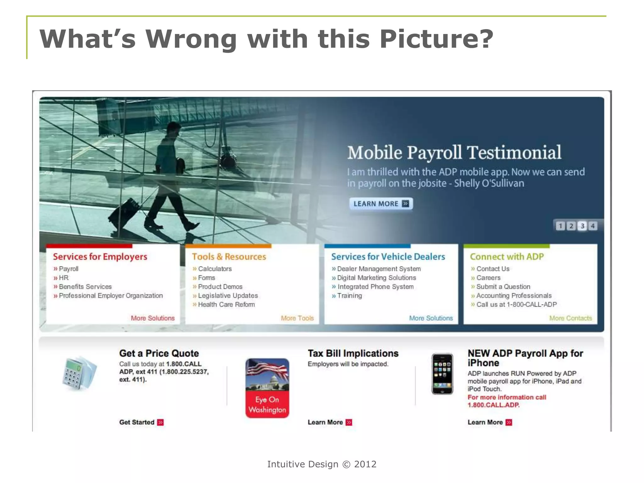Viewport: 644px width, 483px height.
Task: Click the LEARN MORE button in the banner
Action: pos(381,204)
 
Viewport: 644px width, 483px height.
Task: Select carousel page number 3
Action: pos(582,226)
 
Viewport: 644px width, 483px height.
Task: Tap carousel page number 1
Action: pos(560,226)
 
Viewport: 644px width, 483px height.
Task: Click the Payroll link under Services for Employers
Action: pos(69,269)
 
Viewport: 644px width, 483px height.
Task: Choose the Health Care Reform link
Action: pos(226,304)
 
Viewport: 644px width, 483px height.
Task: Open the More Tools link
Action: pos(297,318)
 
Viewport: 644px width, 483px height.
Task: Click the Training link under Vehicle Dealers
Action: pos(349,296)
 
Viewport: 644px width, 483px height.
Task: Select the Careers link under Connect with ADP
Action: pos(488,278)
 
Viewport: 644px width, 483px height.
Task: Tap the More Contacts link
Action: pos(570,318)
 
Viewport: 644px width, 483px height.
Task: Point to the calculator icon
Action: pos(79,374)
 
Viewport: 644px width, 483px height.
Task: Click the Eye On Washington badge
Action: pos(267,388)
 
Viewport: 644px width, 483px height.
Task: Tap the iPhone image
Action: pos(442,374)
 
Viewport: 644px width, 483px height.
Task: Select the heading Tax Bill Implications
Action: pos(353,353)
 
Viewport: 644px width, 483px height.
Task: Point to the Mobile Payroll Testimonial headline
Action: pos(454,153)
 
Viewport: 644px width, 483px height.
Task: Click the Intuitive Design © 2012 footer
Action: pos(322,464)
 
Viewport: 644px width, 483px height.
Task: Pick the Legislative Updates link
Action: pos(228,296)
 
